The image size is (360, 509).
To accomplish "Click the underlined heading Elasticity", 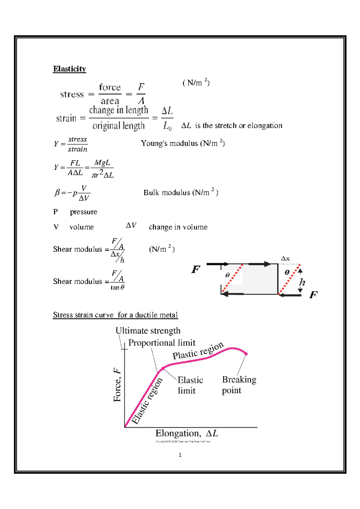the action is point(69,69).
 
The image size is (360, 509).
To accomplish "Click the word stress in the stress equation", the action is point(72,94).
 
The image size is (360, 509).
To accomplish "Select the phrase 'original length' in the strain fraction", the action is point(118,126).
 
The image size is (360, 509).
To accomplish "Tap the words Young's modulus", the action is point(169,143).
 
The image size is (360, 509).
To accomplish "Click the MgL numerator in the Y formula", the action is point(102,163).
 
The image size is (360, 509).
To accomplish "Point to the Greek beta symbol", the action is point(57,192).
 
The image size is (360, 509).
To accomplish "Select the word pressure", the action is point(83,212).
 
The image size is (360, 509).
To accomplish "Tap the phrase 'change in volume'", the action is point(178,227).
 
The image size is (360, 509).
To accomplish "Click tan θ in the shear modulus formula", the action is point(117,287).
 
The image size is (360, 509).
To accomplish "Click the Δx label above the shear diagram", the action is point(285,258).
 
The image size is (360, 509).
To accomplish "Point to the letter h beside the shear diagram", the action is point(302,282).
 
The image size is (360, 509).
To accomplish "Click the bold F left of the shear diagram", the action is point(196,269).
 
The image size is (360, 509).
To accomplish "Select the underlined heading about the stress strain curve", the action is point(115,315).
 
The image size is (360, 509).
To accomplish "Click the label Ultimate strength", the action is point(148,331).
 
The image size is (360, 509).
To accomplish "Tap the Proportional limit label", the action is point(162,343).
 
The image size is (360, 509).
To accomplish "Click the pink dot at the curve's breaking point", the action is point(246,354).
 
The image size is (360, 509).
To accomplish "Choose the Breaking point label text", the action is point(239,385).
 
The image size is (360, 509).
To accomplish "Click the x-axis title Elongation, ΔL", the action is point(186,433).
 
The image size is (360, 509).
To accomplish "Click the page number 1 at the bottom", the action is point(180,455).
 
